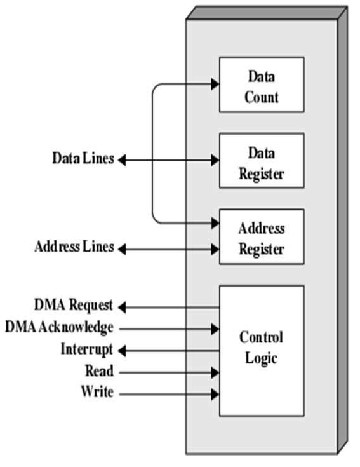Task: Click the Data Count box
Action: pyautogui.click(x=261, y=85)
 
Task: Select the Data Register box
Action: pyautogui.click(x=261, y=161)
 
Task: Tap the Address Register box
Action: pyautogui.click(x=261, y=237)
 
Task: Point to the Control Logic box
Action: pyautogui.click(x=261, y=350)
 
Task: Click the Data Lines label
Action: pyautogui.click(x=83, y=159)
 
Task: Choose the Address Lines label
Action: pyautogui.click(x=74, y=247)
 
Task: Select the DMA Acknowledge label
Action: pyautogui.click(x=59, y=327)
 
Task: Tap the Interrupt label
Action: pyautogui.click(x=87, y=349)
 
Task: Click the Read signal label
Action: pyautogui.click(x=99, y=372)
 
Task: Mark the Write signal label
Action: pyautogui.click(x=97, y=393)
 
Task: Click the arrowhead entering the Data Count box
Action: pyautogui.click(x=215, y=84)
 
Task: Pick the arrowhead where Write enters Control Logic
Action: pyautogui.click(x=215, y=394)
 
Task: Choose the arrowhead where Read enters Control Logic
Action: pyautogui.click(x=215, y=372)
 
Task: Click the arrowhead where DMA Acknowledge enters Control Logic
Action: pyautogui.click(x=215, y=328)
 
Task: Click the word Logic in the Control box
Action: pyautogui.click(x=261, y=358)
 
